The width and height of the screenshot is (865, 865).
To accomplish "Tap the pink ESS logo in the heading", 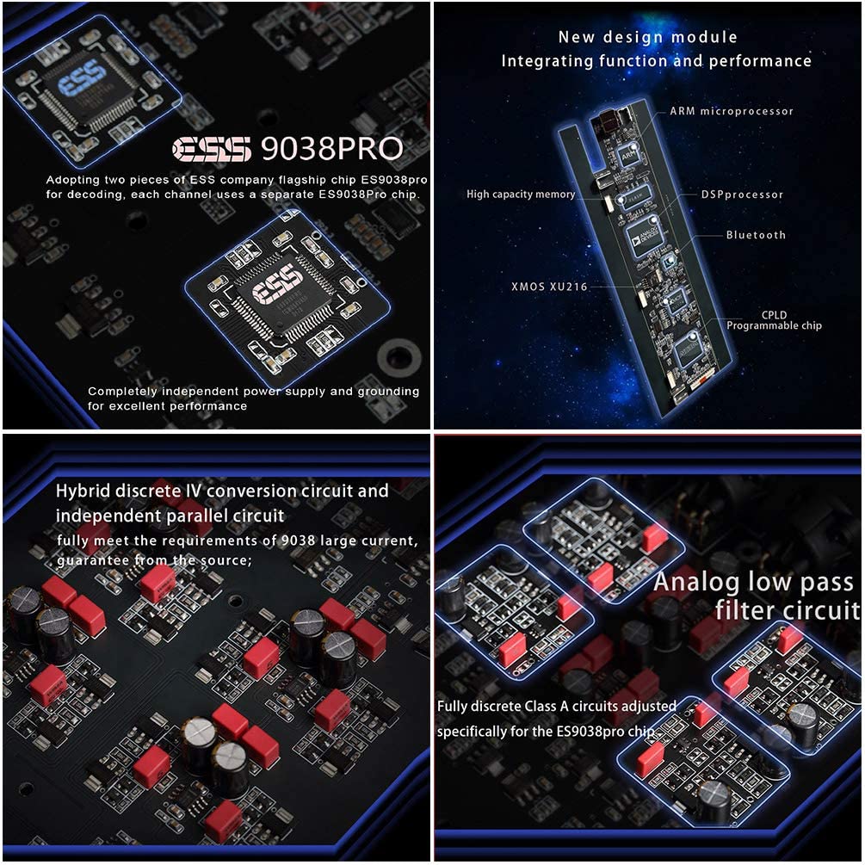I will point(210,149).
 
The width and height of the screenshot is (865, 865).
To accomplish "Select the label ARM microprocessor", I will point(732,111).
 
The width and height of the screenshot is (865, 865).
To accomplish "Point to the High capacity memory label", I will point(521,195).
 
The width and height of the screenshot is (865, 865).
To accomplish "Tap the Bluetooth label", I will point(756,235).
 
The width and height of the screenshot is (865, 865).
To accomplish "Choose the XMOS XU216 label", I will point(549,287).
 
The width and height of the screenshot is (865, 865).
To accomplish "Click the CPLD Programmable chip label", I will point(774,320).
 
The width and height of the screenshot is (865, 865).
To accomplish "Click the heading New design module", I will point(647,37).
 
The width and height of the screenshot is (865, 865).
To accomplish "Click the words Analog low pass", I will point(753,582).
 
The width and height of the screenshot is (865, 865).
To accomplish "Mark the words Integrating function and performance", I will point(656,61).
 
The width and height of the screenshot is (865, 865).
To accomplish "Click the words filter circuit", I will point(787,610).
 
